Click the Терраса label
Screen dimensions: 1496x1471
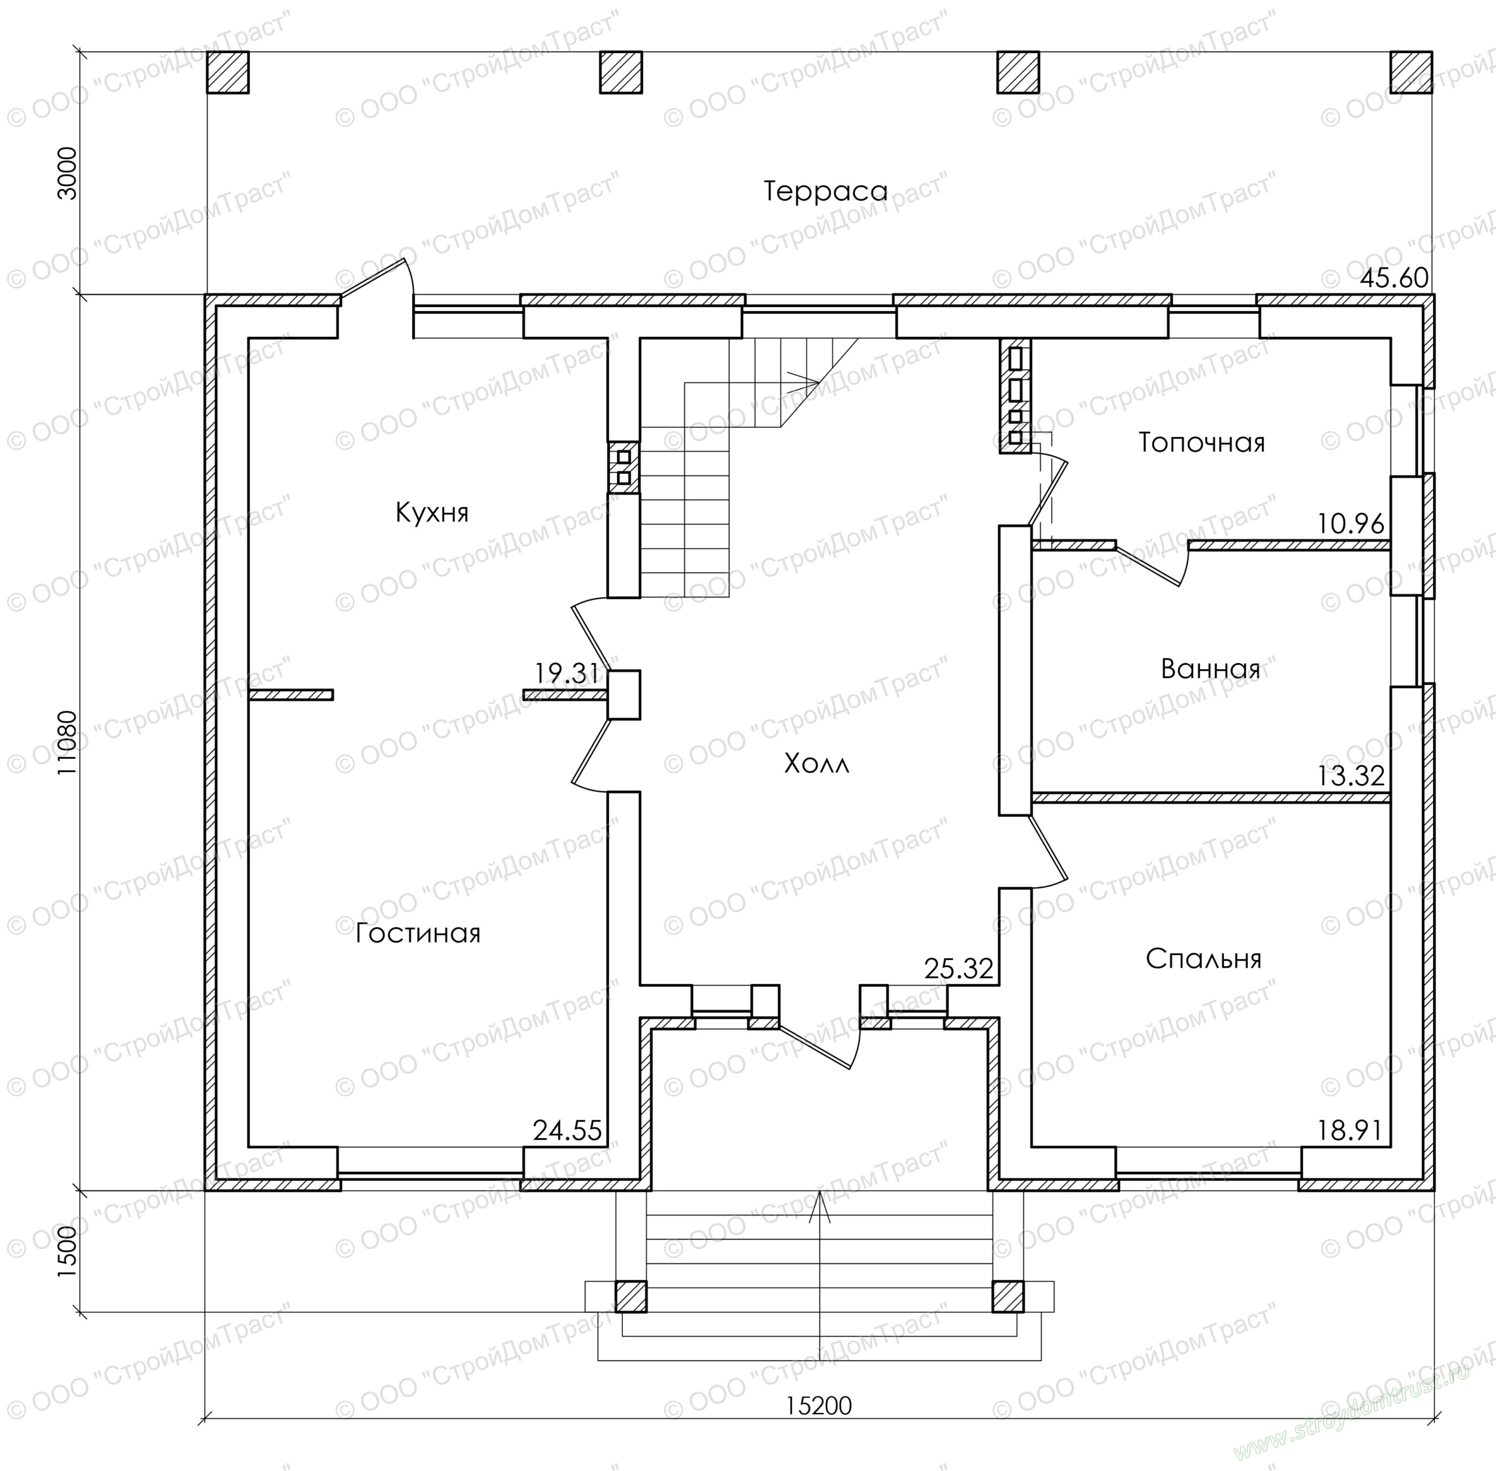tap(826, 190)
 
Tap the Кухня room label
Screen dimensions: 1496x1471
tap(431, 512)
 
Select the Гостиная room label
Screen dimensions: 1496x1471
tap(418, 933)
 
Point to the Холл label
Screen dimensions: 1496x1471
tap(816, 764)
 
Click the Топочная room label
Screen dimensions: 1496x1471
tap(1202, 443)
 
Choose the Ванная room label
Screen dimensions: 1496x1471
tap(1210, 668)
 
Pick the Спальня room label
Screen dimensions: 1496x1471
tap(1203, 959)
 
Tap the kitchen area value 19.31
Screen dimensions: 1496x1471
tap(566, 674)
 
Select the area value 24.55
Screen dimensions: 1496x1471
tap(567, 1131)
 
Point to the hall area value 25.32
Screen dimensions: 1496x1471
tap(959, 969)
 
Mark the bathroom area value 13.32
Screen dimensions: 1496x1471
tap(1351, 776)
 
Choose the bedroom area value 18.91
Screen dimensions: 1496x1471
tap(1351, 1131)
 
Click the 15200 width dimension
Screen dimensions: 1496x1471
tap(819, 1405)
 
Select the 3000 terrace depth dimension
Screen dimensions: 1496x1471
tap(68, 173)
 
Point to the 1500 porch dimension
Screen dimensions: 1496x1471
tap(68, 1251)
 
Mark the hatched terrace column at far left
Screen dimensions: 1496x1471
tap(228, 72)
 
